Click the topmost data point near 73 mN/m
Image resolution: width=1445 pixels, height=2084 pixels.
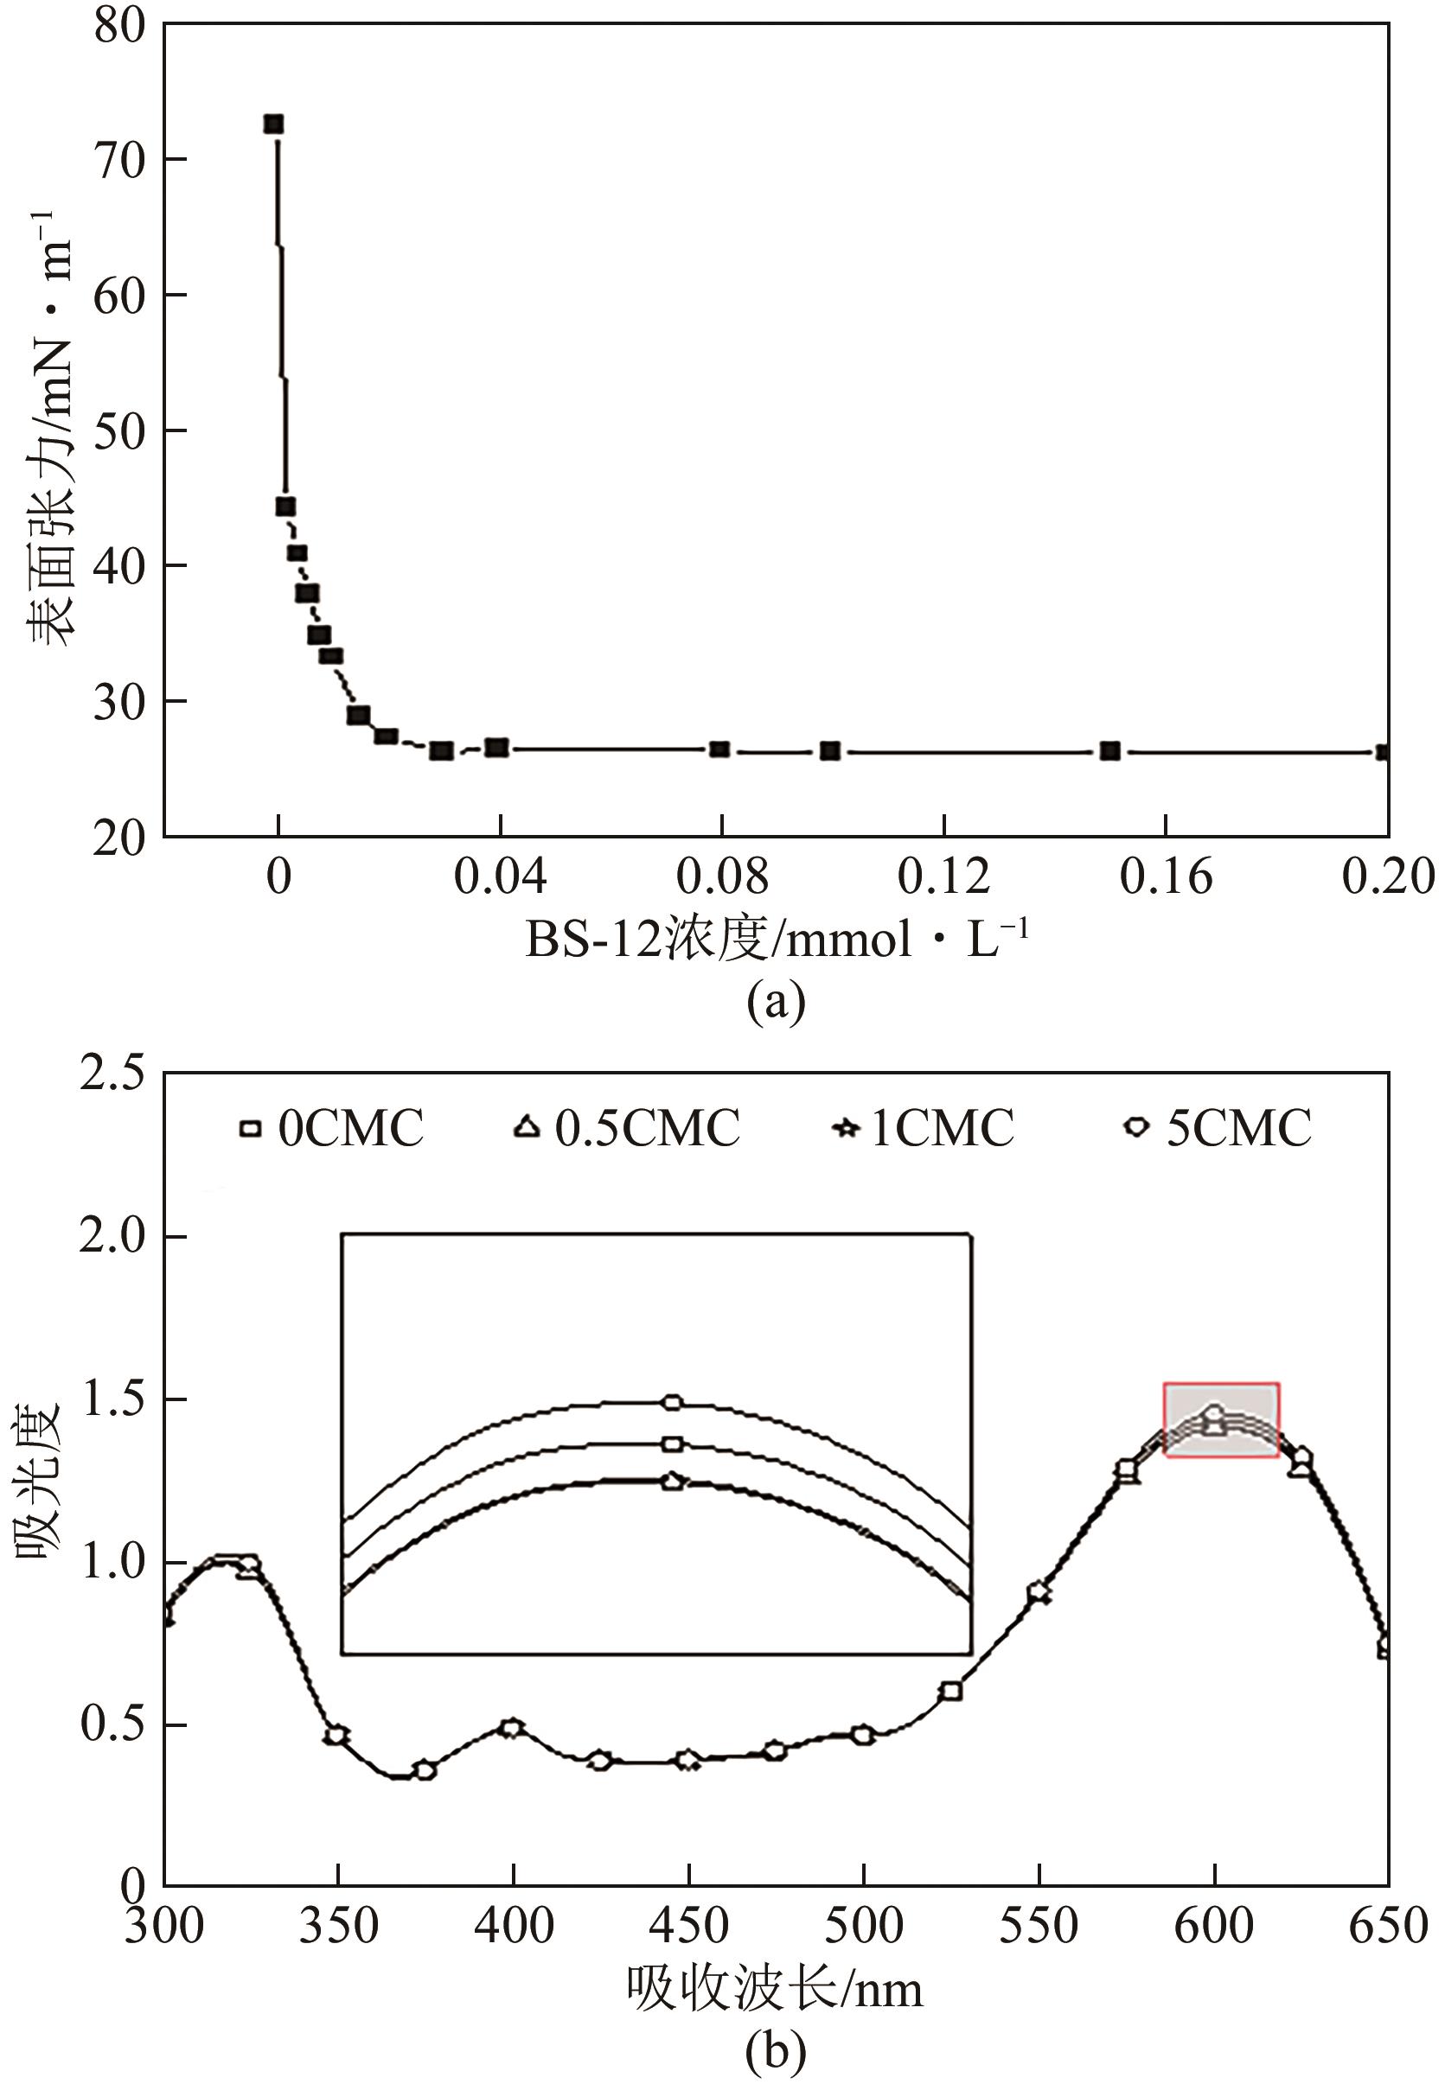tap(273, 124)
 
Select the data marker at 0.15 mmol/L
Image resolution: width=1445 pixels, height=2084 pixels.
tap(1110, 750)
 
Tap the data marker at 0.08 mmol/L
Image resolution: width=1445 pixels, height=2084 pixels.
tap(719, 749)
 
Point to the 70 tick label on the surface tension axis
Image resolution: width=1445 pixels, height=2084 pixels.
tap(119, 161)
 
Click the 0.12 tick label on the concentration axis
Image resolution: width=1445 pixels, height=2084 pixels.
tap(943, 876)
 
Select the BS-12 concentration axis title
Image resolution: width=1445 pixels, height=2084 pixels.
tap(777, 940)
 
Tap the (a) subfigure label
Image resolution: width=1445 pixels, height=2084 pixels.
tap(776, 1002)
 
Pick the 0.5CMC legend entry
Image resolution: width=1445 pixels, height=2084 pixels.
tap(629, 1128)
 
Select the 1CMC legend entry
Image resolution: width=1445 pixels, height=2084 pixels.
tap(924, 1128)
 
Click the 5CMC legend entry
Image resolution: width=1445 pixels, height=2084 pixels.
tap(1218, 1128)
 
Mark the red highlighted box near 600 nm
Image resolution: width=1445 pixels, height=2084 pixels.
tap(1221, 1420)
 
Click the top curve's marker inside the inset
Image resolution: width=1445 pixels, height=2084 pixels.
tap(672, 1403)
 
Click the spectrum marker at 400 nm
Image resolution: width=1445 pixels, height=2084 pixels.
tap(513, 1728)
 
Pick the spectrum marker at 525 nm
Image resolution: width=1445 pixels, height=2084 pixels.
tap(950, 1691)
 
